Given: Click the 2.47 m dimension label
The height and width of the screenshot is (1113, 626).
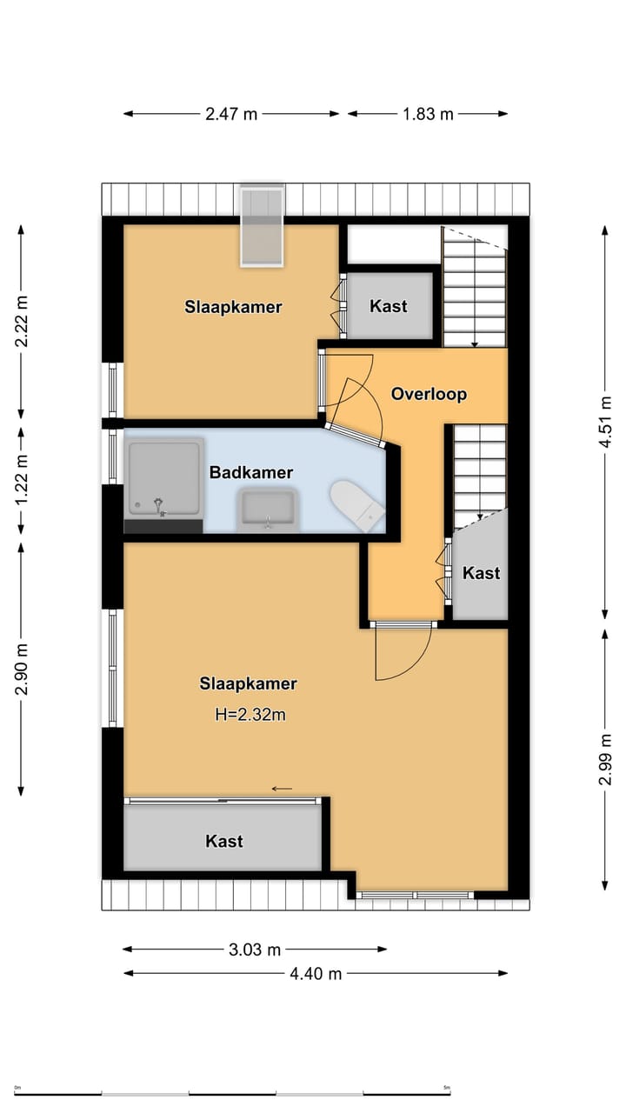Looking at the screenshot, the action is tap(231, 114).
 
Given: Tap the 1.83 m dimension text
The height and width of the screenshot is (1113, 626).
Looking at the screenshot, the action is tap(428, 114).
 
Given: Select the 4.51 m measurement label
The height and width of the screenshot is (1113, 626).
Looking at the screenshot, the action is tap(605, 422).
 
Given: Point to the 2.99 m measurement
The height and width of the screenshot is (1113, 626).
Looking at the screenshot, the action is tap(605, 759).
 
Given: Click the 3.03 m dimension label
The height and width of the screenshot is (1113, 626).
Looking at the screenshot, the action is tap(255, 950).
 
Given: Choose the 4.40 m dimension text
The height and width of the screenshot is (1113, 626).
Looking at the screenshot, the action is tap(316, 973).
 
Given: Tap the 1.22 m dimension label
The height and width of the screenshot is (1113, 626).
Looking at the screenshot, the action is tap(22, 479).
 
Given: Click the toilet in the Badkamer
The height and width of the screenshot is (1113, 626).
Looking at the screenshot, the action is tap(356, 505).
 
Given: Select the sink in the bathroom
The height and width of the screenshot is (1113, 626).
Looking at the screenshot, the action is tap(267, 510).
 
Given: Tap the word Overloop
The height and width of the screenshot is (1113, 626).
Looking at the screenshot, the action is tap(429, 394).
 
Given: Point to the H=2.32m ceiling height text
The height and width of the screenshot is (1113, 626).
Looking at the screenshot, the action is tap(250, 715).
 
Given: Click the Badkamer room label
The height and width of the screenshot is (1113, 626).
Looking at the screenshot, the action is tap(251, 472).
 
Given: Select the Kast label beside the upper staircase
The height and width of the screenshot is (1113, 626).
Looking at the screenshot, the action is tap(389, 306).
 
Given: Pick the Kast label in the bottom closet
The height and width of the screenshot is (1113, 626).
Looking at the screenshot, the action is tap(224, 841).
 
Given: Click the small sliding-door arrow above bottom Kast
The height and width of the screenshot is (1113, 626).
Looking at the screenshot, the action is tap(282, 789).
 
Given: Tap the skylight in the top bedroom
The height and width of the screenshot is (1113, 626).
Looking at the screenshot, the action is tap(262, 226).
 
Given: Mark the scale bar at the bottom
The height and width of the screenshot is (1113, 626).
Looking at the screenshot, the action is tap(232, 1094).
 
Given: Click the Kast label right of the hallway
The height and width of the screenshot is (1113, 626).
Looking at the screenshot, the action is tap(481, 573).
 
